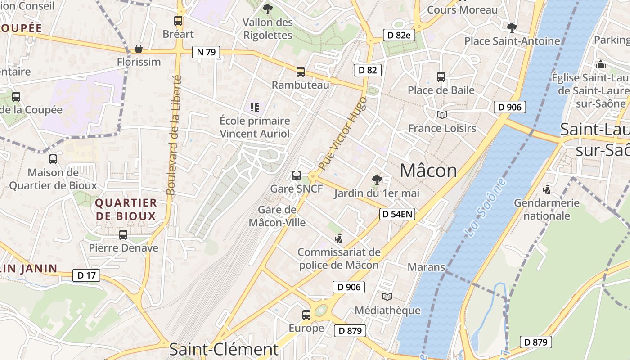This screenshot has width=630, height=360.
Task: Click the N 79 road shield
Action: point(207,52)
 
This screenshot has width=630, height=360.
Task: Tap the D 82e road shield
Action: point(399,35)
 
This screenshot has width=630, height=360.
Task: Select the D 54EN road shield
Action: point(397,215)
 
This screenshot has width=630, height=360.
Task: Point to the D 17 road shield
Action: point(86,275)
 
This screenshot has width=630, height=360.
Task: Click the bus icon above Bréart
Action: point(178,21)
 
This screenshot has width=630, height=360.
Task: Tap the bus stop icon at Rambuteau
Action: point(300,72)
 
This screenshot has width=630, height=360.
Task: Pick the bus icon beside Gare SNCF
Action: point(296,175)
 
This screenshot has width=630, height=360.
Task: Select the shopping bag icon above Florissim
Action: point(139,49)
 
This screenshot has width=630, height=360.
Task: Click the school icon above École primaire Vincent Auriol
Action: point(255,108)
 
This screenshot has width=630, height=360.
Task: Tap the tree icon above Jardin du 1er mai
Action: point(377,180)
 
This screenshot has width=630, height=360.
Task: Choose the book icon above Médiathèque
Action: point(387,297)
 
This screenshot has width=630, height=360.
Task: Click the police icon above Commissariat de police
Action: point(338,238)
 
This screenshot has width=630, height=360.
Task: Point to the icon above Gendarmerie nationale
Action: point(547,189)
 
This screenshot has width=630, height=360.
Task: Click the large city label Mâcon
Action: point(428,171)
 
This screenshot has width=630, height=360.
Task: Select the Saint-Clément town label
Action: point(224,349)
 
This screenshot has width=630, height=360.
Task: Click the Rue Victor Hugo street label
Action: point(342,134)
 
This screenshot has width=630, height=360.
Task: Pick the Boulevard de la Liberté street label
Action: point(174,135)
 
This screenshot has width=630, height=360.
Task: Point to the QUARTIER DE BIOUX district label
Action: point(126,209)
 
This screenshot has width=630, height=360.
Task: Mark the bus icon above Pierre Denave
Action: point(123,234)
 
